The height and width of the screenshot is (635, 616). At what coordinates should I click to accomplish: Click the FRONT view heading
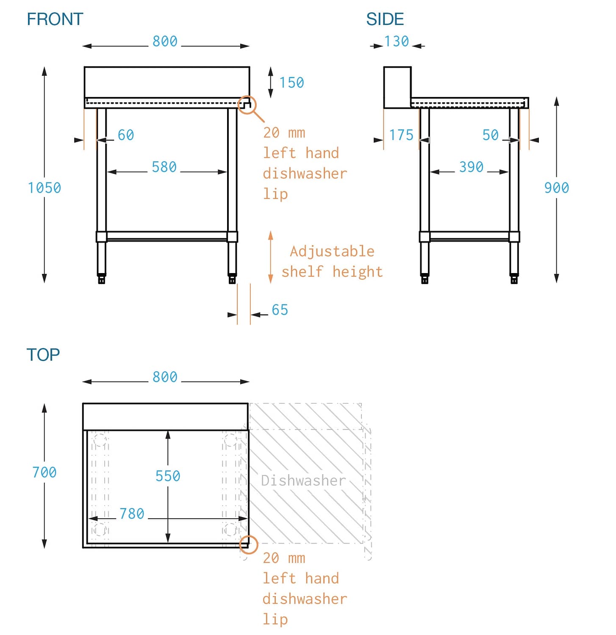(x=55, y=19)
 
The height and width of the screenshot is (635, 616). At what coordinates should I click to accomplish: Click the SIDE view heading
(x=385, y=19)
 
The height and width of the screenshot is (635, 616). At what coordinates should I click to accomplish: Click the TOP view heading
(x=43, y=355)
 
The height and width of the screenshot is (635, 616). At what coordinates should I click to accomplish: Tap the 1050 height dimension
(x=44, y=188)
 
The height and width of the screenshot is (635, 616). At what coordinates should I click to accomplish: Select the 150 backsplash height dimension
(x=291, y=83)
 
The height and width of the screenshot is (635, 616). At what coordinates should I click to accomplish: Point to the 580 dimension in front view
(x=164, y=167)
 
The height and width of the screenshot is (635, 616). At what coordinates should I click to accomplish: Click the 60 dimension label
(x=126, y=135)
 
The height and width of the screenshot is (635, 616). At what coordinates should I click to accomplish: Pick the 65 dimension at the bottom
(x=280, y=310)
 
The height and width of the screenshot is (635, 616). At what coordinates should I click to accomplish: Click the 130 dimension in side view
(x=397, y=41)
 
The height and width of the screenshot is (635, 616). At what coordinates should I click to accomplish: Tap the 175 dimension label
(x=401, y=135)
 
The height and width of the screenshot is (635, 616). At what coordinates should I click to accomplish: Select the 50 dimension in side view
(x=491, y=135)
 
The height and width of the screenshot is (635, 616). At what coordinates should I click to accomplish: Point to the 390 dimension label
(x=471, y=167)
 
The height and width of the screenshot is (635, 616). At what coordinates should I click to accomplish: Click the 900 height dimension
(x=556, y=188)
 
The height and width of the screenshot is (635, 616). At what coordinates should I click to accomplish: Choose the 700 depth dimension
(x=44, y=472)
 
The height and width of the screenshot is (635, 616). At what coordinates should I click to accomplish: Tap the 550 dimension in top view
(x=168, y=476)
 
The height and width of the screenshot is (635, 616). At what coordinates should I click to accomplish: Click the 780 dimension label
(x=132, y=514)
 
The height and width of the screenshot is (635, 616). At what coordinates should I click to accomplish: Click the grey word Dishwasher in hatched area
(x=303, y=480)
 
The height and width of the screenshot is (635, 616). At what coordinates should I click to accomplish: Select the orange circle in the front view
(x=247, y=105)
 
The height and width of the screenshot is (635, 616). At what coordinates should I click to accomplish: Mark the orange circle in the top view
(x=249, y=544)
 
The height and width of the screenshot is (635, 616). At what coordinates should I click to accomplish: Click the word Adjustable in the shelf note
(x=332, y=251)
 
